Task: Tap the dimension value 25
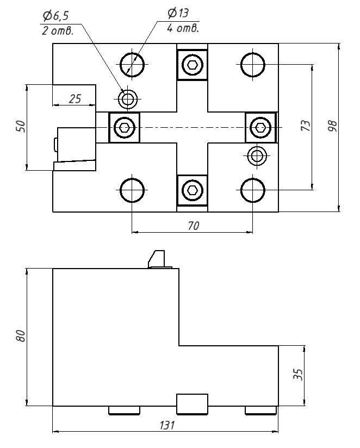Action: [x=75, y=98]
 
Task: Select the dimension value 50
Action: [x=20, y=127]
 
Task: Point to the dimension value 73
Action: [x=306, y=126]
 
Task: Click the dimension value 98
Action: [x=332, y=126]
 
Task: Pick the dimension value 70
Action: [x=193, y=226]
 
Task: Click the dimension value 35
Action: [x=297, y=375]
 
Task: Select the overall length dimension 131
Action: [x=166, y=426]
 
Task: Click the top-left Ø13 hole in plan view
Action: [x=133, y=64]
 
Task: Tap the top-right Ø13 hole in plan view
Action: [x=253, y=64]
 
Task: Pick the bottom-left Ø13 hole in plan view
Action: [x=133, y=191]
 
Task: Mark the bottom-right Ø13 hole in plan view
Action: [x=253, y=191]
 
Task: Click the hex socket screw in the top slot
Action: [x=193, y=65]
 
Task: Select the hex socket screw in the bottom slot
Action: [x=193, y=190]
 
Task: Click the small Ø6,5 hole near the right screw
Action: [x=256, y=156]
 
